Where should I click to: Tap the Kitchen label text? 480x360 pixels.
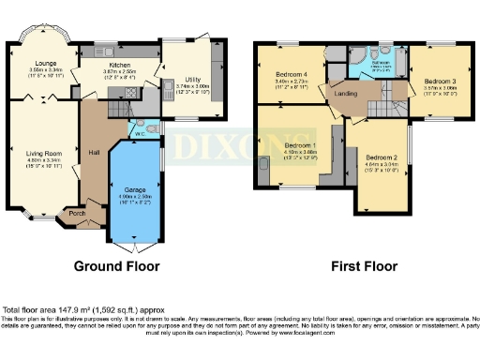[120, 62]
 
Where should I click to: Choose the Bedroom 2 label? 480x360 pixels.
[382, 157]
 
